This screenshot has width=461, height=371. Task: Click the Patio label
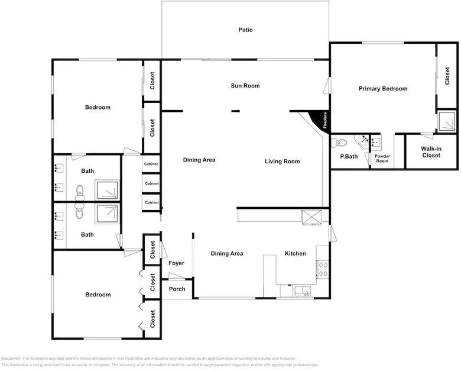(x=245, y=30)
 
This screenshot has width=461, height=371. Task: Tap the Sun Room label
(x=245, y=86)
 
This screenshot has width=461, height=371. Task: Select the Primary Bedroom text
(x=383, y=89)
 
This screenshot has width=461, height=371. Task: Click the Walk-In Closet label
(x=431, y=152)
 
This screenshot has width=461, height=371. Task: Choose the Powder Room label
(x=382, y=159)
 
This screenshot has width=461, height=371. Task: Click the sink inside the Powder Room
(x=376, y=141)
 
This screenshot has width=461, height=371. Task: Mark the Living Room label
(x=282, y=162)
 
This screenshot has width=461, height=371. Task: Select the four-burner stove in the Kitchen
(x=323, y=270)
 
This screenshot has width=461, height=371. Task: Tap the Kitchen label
(x=296, y=254)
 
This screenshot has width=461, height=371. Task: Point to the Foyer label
(x=176, y=263)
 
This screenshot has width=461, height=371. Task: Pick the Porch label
(x=177, y=289)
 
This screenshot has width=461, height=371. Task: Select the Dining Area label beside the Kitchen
(x=227, y=254)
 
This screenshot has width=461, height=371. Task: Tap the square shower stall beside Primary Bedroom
(x=447, y=121)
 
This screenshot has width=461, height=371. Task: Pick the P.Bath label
(x=349, y=157)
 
